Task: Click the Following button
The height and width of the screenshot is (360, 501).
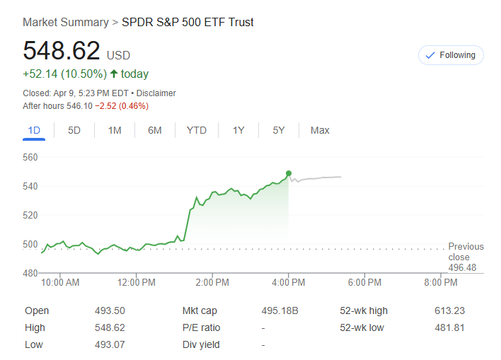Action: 451,55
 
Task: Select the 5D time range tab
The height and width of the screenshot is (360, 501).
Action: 74,130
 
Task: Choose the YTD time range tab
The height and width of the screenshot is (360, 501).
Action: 197,130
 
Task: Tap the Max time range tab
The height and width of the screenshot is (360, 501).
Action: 320,130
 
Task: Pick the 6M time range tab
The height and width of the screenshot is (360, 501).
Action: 155,130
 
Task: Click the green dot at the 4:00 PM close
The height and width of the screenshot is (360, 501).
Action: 289,173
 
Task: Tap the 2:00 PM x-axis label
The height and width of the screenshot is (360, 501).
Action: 212,282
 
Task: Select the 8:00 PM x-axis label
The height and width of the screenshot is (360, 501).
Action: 441,282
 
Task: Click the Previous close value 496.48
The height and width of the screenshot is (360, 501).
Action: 462,267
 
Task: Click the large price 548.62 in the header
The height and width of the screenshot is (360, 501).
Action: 62,51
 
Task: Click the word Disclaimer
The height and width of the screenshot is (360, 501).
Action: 156,93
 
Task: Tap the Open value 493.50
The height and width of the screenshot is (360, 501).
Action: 110,310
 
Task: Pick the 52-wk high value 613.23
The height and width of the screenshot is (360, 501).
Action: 449,310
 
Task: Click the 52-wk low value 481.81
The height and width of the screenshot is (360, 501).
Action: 449,327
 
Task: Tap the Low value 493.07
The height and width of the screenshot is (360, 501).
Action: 110,344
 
